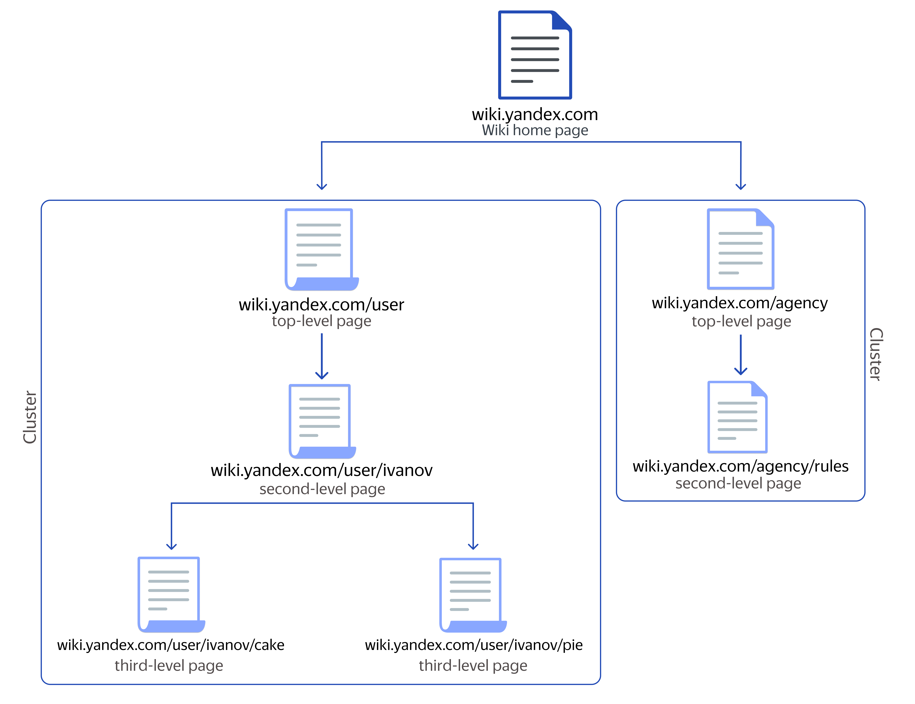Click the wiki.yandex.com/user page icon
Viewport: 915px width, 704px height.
[321, 249]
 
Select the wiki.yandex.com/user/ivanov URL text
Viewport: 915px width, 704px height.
[321, 470]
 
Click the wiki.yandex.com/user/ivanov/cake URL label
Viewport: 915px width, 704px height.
[171, 645]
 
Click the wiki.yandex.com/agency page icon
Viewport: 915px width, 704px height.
[740, 249]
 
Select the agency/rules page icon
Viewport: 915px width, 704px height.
[737, 417]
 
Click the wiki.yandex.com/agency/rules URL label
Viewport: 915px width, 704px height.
[740, 466]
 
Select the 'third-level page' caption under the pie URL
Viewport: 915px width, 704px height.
[473, 665]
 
